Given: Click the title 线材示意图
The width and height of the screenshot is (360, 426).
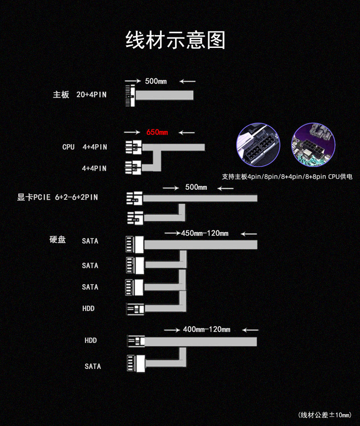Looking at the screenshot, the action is click(175, 40).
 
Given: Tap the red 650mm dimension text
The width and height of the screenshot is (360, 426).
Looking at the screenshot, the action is click(157, 132).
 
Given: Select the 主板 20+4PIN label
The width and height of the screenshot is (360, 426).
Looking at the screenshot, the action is click(80, 94).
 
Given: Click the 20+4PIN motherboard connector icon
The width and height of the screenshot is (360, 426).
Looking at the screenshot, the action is click(130, 95).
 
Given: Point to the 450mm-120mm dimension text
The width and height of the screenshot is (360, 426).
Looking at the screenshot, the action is click(205, 234).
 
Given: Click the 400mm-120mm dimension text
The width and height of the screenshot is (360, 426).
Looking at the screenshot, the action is click(206, 330).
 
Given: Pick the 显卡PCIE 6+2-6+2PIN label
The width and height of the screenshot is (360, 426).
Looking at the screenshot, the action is click(57, 197).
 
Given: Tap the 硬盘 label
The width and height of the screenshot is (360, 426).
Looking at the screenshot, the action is click(57, 239).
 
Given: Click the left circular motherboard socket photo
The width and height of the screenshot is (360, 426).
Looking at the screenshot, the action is click(258, 145).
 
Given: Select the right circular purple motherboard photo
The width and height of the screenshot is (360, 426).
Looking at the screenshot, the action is click(314, 145).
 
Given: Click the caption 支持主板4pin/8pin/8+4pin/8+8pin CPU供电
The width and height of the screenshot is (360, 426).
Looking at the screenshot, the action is click(287, 177).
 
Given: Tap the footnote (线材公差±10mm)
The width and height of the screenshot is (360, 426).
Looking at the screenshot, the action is click(325, 415).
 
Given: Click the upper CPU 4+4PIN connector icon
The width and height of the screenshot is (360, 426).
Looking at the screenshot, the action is click(134, 147).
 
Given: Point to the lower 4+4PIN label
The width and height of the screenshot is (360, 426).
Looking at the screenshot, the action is click(94, 168).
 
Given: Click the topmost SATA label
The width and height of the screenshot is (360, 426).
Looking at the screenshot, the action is click(90, 241).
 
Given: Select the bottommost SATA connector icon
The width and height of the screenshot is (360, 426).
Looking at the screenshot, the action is click(136, 363).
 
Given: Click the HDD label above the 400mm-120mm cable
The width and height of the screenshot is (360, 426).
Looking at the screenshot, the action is click(88, 308).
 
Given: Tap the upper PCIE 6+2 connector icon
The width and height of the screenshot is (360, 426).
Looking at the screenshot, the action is click(134, 198).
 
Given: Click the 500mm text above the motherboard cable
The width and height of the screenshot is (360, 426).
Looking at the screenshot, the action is click(156, 81).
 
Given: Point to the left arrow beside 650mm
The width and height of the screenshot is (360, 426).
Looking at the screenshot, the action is click(132, 132).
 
